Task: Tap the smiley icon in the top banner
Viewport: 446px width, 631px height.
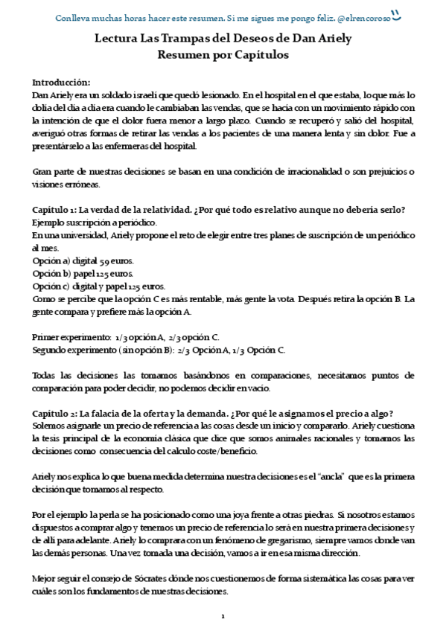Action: (396, 13)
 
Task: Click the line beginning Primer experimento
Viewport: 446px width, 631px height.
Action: (125, 336)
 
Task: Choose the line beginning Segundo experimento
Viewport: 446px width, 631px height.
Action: (158, 349)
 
